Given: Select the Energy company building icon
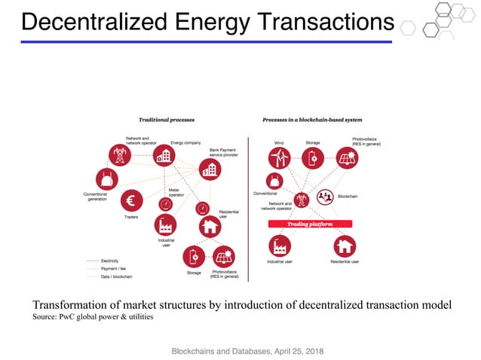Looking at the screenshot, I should click(x=163, y=156).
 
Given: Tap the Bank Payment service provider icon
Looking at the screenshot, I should click(x=210, y=170).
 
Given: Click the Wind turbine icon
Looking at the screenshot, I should click(x=280, y=157).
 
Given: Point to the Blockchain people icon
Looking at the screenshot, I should click(x=326, y=197).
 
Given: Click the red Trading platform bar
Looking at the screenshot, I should click(x=311, y=224).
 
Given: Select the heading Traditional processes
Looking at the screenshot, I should click(x=167, y=120).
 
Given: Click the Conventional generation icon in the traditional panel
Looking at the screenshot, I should click(x=106, y=180).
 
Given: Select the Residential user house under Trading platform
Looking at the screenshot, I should click(x=345, y=246).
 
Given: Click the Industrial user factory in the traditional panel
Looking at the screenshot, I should click(x=165, y=224).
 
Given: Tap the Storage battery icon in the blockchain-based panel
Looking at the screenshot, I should click(x=313, y=157).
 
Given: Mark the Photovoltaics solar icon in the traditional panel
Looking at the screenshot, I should click(x=224, y=256).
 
